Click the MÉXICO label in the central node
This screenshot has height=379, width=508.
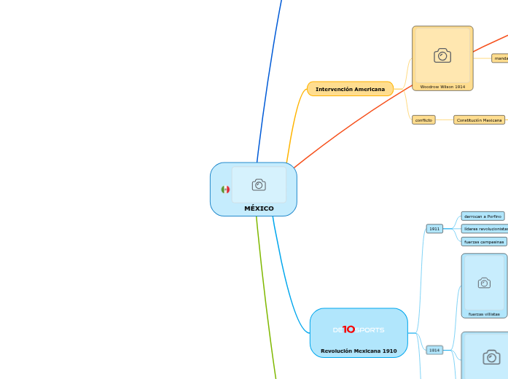click(x=259, y=208)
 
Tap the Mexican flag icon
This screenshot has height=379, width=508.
click(x=225, y=189)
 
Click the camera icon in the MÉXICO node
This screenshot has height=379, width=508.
click(x=259, y=184)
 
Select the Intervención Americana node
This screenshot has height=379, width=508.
click(x=350, y=89)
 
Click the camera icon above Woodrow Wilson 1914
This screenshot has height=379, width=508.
click(x=442, y=55)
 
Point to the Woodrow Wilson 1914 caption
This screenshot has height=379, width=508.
click(x=442, y=87)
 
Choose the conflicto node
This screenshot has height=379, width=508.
click(x=423, y=120)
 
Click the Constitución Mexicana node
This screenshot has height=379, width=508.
click(x=479, y=120)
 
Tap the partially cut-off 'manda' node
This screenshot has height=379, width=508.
click(x=500, y=58)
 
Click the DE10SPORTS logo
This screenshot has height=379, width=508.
click(x=359, y=329)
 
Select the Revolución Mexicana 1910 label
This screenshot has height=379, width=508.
click(x=359, y=351)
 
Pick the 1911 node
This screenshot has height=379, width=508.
click(x=434, y=229)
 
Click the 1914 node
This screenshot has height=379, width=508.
click(x=434, y=350)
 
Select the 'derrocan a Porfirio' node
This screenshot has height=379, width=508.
click(x=482, y=216)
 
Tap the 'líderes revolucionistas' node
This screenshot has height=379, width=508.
click(x=485, y=229)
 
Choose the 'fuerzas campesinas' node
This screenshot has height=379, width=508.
click(x=483, y=241)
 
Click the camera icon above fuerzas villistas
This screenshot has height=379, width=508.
click(x=484, y=283)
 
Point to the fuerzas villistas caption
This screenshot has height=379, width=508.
click(x=484, y=314)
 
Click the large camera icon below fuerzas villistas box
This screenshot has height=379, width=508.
click(x=492, y=356)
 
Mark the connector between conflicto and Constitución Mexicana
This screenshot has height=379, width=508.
click(x=445, y=120)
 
